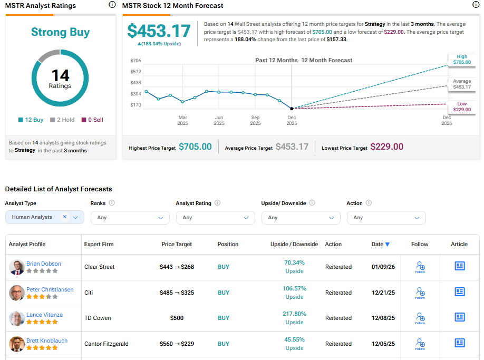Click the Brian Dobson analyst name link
[x=44, y=264]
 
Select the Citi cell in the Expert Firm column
[x=89, y=293]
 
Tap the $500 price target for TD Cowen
[x=177, y=318]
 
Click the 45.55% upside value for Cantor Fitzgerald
[x=294, y=339]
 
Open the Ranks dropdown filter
[x=130, y=218]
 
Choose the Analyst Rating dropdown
[x=215, y=218]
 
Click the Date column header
[x=380, y=244]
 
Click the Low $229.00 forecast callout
[x=461, y=106]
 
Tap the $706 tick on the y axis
[x=135, y=61]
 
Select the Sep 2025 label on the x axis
[x=255, y=120]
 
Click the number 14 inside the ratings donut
[x=60, y=75]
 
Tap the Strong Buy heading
[x=60, y=32]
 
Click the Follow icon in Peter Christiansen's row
[x=420, y=292]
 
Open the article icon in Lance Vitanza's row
[x=460, y=317]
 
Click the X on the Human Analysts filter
[x=65, y=217]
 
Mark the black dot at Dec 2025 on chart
[x=292, y=108]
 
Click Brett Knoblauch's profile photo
[x=17, y=344]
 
